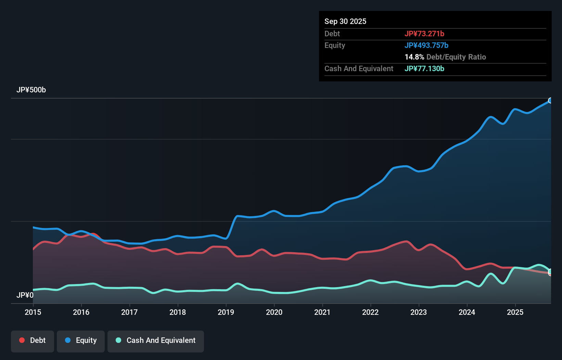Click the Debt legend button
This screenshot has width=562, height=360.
click(x=33, y=340)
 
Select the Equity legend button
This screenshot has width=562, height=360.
click(x=81, y=340)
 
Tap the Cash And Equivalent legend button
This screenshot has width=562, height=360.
click(x=156, y=340)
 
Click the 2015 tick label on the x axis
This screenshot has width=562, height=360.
click(x=33, y=312)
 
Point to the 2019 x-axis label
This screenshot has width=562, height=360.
click(x=226, y=312)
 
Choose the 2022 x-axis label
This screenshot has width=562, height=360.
click(x=370, y=312)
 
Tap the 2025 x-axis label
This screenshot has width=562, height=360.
click(x=515, y=312)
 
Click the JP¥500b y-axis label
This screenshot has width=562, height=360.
click(x=31, y=90)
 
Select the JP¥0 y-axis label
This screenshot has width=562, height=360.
click(x=25, y=295)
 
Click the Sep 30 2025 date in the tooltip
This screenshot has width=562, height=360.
click(x=345, y=21)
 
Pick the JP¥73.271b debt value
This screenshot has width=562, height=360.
click(x=424, y=34)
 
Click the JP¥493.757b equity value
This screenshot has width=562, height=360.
click(x=426, y=45)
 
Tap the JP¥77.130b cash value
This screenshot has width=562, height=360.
click(x=424, y=68)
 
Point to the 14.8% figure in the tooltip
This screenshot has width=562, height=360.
click(x=414, y=57)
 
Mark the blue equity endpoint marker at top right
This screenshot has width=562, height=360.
click(x=550, y=100)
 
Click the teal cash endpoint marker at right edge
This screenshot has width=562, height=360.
click(x=550, y=271)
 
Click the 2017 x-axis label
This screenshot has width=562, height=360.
click(x=129, y=312)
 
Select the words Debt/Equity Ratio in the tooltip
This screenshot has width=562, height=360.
click(x=456, y=57)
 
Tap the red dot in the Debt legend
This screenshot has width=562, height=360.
click(x=22, y=340)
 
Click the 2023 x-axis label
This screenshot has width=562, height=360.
click(x=419, y=312)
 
